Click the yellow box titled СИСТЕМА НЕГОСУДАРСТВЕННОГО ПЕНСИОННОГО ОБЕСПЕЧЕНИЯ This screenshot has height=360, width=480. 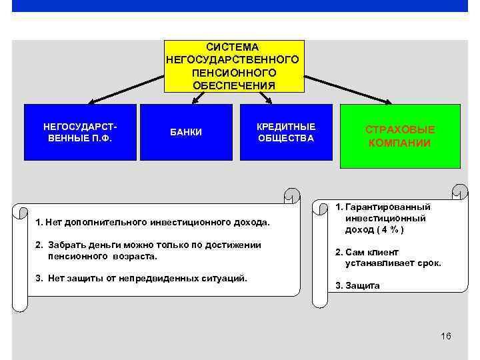(x=233, y=66)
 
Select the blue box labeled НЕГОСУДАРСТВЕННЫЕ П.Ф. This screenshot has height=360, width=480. (x=80, y=132)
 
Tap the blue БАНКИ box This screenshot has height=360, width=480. (x=185, y=132)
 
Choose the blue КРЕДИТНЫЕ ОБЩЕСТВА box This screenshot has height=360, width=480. (x=285, y=132)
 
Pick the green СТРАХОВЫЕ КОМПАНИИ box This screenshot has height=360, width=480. (x=400, y=136)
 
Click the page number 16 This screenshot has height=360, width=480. (x=446, y=335)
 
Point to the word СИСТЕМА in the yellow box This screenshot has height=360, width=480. (x=233, y=47)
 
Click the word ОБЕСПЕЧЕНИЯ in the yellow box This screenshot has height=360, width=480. (x=233, y=85)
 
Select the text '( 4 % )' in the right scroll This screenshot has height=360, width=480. (x=389, y=230)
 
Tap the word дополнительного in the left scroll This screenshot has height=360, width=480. (x=107, y=221)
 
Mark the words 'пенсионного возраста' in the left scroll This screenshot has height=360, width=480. (x=103, y=255)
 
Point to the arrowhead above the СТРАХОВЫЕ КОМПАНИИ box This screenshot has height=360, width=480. (x=389, y=102)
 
